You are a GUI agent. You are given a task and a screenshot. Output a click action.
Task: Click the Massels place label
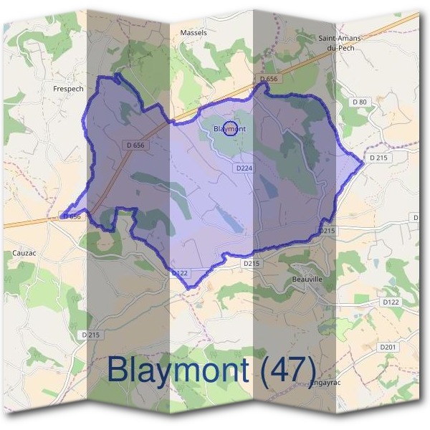point(193,33)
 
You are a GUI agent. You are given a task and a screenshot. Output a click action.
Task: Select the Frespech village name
point(68,89)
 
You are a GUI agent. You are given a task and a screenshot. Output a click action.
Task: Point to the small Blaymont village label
point(229,129)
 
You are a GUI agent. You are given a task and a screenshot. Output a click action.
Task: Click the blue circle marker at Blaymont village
point(231,130)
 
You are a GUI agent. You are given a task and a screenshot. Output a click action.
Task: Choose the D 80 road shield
point(359,102)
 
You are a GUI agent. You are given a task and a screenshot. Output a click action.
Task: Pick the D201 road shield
point(387,347)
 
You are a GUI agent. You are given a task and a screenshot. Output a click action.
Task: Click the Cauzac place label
point(24,253)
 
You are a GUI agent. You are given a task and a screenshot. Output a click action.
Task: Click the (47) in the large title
point(286,369)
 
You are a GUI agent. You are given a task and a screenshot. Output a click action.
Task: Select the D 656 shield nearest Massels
point(269,78)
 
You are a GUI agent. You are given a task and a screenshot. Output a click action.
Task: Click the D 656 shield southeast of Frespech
point(135,145)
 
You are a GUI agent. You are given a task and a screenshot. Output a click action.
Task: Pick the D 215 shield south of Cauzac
point(90,335)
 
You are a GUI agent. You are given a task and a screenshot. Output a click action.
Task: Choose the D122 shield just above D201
point(391,302)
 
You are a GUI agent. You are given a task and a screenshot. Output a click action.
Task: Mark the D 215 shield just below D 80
point(378,157)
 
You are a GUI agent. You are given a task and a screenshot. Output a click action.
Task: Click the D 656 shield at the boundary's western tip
point(71,216)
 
